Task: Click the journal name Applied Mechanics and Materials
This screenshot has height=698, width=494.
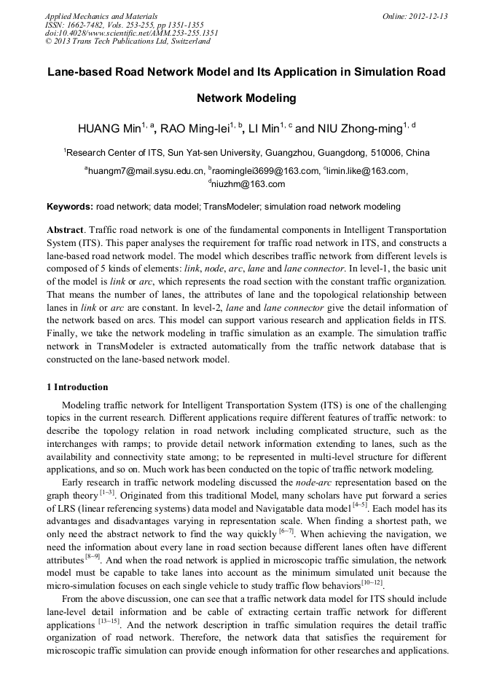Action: [x=101, y=15]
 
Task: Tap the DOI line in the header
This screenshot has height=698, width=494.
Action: [x=132, y=33]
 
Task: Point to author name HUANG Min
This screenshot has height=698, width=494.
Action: [x=109, y=130]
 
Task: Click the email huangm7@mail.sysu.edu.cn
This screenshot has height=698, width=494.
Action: [x=146, y=171]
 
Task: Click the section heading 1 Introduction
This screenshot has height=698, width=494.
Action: [x=77, y=387]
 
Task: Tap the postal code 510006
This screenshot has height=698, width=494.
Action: [x=388, y=153]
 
